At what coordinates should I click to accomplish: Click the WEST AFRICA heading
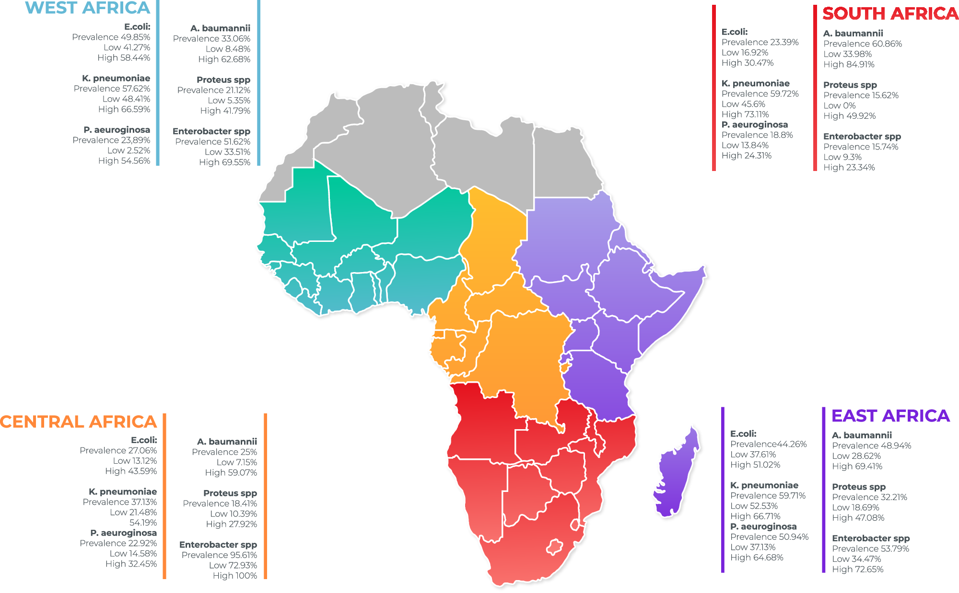[x=87, y=8]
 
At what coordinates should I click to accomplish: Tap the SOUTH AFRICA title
[x=890, y=13]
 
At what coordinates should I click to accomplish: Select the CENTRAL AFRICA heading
[x=78, y=422]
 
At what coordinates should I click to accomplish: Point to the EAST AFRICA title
[x=890, y=416]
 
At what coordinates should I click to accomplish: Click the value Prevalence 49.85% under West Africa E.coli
[x=111, y=37]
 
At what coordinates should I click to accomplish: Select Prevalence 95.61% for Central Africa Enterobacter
[x=219, y=555]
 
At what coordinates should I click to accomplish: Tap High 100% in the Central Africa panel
[x=234, y=576]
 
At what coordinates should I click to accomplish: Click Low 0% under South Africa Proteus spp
[x=839, y=106]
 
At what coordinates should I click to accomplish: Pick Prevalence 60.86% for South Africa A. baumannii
[x=862, y=44]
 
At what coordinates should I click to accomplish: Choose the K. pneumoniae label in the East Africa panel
[x=764, y=485]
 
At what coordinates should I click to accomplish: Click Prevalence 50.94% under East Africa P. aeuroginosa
[x=769, y=537]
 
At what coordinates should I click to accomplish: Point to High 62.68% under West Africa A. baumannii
[x=224, y=59]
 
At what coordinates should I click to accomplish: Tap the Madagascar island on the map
[x=676, y=474]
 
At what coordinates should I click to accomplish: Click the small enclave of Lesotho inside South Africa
[x=555, y=547]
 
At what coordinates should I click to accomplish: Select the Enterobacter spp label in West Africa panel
[x=211, y=131]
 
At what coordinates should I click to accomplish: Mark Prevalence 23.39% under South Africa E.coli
[x=760, y=42]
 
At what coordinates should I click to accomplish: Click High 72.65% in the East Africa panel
[x=857, y=570]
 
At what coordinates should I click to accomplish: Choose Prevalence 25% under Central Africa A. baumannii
[x=224, y=452]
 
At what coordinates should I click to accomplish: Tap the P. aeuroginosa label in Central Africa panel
[x=123, y=533]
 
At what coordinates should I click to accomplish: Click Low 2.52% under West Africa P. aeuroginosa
[x=129, y=150]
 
